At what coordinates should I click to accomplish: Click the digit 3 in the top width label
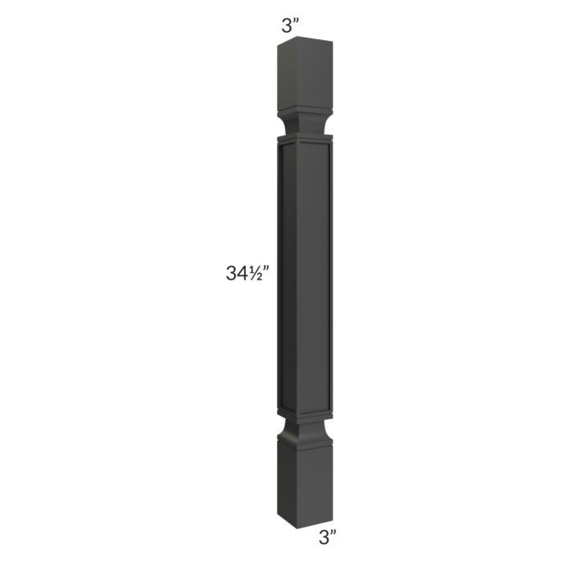coord(287,25)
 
